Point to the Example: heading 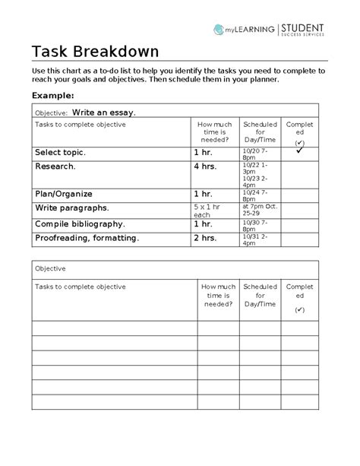click(x=52, y=96)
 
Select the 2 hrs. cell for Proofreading click(x=205, y=238)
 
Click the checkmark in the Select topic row click(x=300, y=152)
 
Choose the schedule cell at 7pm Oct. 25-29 click(x=259, y=210)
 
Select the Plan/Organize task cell click(x=63, y=193)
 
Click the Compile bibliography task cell click(x=80, y=224)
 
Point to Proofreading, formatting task click(x=87, y=238)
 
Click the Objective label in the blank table click(x=50, y=268)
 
